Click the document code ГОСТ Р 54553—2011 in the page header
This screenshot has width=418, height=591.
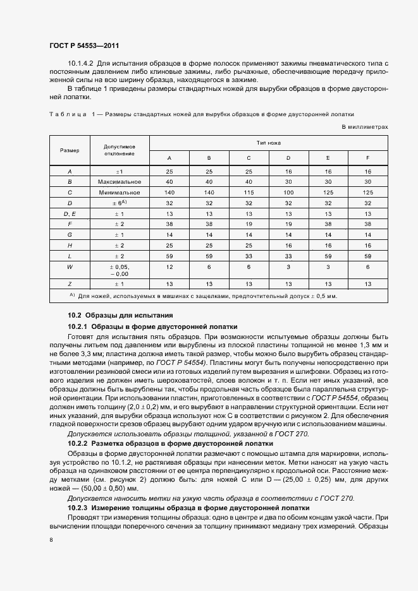tap(83, 46)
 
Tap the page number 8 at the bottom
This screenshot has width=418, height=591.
tap(51, 540)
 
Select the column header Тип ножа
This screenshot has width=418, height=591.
tap(268, 143)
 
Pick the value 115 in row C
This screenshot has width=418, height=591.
tap(249, 192)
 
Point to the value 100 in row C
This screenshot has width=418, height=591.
tap(288, 192)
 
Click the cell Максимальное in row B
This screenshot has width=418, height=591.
tap(120, 181)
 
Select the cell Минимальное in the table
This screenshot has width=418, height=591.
tap(120, 192)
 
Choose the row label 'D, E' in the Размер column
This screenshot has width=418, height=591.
tap(70, 213)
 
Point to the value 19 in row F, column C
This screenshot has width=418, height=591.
tap(249, 224)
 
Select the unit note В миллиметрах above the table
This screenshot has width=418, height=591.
tap(364, 127)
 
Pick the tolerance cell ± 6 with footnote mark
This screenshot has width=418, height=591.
tap(120, 203)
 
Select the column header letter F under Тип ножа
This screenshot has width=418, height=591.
tap(367, 157)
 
